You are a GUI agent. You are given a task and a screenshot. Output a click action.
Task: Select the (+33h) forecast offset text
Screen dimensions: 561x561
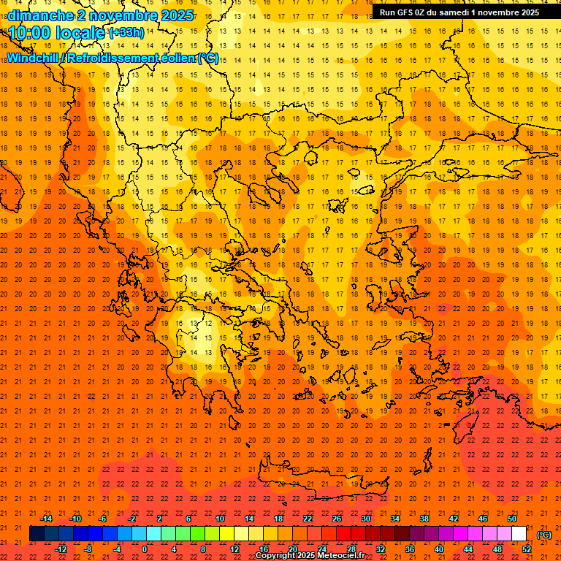coord(126,33)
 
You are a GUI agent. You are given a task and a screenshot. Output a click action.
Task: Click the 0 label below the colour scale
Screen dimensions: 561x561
coord(145,549)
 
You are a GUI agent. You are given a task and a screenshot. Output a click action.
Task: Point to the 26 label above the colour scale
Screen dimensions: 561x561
coord(337,519)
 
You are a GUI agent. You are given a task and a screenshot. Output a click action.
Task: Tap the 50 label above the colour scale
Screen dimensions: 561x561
coord(511,519)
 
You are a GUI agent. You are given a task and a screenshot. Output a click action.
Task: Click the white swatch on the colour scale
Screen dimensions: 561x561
coord(519,534)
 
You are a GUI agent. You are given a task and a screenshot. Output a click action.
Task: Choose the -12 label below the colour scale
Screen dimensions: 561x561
coord(61,549)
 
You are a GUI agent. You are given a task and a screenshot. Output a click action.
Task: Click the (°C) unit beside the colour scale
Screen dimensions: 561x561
coord(544,535)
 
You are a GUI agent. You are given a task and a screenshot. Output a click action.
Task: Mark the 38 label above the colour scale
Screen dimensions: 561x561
coord(424,519)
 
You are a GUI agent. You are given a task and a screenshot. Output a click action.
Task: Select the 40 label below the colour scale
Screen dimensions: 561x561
coord(439,549)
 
